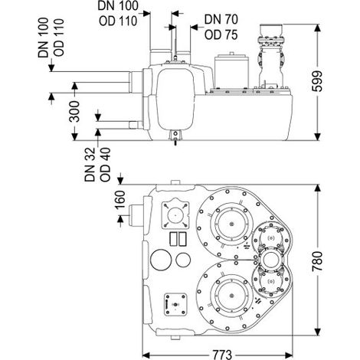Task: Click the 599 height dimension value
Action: tap(317, 82)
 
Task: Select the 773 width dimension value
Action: tap(222, 355)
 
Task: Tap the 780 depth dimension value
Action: tap(317, 261)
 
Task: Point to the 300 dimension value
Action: tap(74, 111)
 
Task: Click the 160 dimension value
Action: tap(120, 200)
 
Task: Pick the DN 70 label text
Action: tap(221, 20)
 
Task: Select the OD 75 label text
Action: tap(221, 35)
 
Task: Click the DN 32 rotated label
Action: tap(90, 165)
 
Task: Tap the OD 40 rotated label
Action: tap(105, 165)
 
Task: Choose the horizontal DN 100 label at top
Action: tap(118, 5)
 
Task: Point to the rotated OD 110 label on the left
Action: tap(59, 38)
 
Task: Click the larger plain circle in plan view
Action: tap(161, 260)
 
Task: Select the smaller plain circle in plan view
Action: tap(183, 260)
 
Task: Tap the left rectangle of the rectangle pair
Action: tap(174, 239)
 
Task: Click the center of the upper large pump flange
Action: tap(231, 224)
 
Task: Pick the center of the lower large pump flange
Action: tap(231, 296)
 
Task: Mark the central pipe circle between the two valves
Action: tap(270, 260)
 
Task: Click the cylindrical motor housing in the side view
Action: tap(231, 70)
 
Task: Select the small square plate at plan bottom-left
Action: tap(175, 304)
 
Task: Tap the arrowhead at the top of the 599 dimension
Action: tap(317, 28)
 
